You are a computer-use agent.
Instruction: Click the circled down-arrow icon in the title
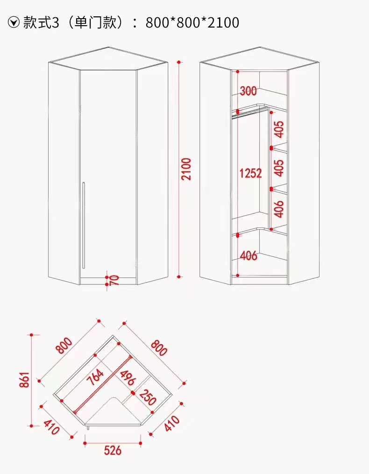point(14,22)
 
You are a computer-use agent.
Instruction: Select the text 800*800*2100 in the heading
point(192,22)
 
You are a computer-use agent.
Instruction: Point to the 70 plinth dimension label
point(114,280)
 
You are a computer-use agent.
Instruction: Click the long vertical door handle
point(83,225)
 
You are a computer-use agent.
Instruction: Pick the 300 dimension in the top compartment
point(248,91)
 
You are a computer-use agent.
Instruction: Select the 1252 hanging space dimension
point(250,174)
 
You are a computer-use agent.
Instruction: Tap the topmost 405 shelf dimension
point(279,129)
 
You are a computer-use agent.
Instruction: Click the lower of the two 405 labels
point(279,168)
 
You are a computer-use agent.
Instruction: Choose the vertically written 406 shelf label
point(279,208)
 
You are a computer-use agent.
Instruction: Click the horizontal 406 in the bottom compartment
point(248,255)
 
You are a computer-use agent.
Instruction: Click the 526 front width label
point(113,450)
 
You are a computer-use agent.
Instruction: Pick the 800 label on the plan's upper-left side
point(64,346)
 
